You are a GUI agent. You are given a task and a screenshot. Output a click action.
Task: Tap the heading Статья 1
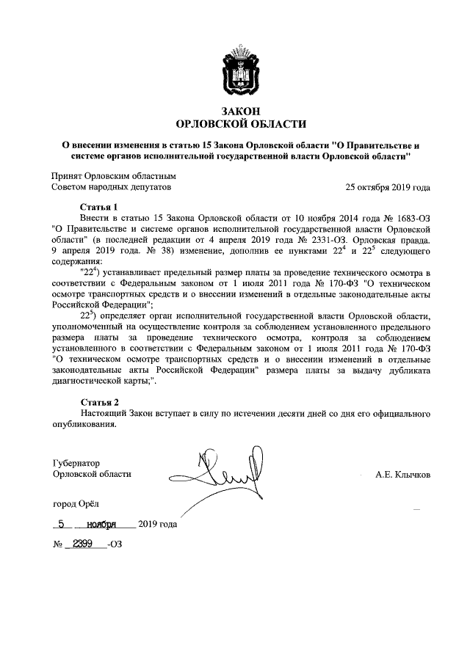[x=99, y=208]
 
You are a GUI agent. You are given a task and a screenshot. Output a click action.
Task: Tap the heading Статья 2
[x=99, y=403]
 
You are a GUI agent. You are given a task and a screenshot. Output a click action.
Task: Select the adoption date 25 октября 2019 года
[x=388, y=187]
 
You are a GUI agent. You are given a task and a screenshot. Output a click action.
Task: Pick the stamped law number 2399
[x=87, y=546]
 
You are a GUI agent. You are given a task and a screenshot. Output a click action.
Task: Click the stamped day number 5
[x=62, y=525]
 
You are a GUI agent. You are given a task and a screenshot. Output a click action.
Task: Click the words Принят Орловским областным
[x=114, y=176]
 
